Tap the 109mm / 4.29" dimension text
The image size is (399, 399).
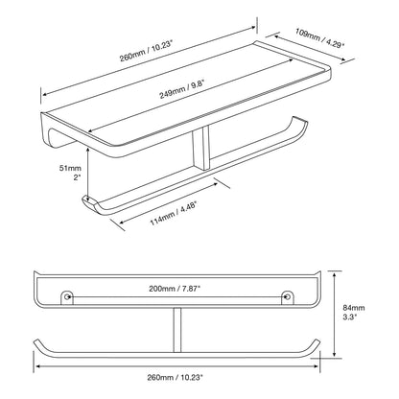319,37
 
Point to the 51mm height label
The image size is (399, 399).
70,168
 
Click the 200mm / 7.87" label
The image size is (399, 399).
175,289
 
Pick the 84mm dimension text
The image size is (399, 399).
354,308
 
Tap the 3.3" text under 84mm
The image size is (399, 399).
350,317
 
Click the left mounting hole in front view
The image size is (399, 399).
67,297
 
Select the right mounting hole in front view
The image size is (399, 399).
288,297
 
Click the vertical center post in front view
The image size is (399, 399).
177,330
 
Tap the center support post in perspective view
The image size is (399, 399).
200,147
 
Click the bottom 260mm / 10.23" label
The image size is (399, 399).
176,377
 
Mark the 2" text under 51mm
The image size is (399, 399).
77,177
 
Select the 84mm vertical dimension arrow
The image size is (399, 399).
334,315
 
